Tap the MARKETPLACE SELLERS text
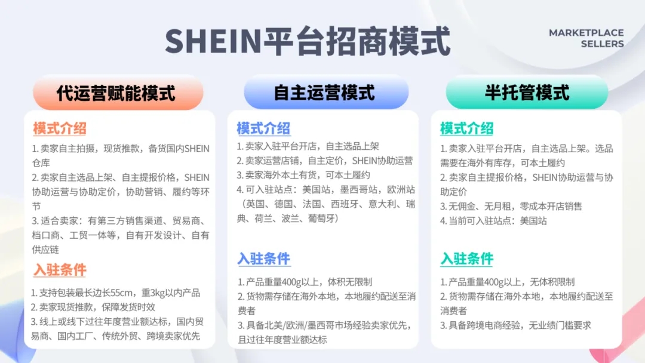pyautogui.click(x=586, y=38)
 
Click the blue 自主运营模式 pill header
pyautogui.click(x=325, y=93)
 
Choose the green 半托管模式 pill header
pyautogui.click(x=527, y=93)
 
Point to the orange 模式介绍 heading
pyautogui.click(x=60, y=128)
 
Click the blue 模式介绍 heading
pyautogui.click(x=263, y=128)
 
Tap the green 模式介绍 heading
pyautogui.click(x=466, y=128)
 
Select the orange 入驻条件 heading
pyautogui.click(x=60, y=270)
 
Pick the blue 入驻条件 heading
pyautogui.click(x=263, y=259)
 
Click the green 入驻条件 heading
pyautogui.click(x=466, y=259)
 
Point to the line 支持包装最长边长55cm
pyautogui.click(x=116, y=293)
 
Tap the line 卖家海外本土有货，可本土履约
pyautogui.click(x=303, y=176)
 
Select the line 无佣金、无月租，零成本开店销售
pyautogui.click(x=511, y=206)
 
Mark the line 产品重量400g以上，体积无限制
pyautogui.click(x=305, y=282)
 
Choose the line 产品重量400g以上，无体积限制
pyautogui.click(x=508, y=282)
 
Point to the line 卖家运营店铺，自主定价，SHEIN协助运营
pyautogui.click(x=325, y=161)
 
